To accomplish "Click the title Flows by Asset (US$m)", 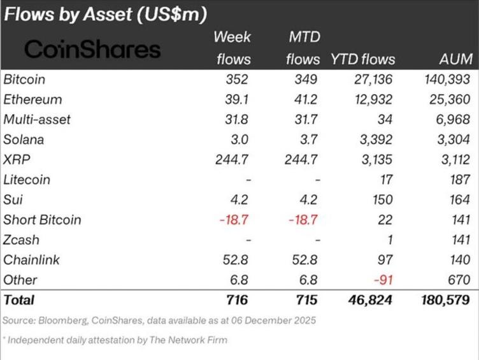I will (106, 13).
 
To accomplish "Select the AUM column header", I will (456, 59).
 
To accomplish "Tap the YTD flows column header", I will (362, 59).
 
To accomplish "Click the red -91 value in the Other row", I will (383, 280).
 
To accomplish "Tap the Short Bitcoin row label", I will (43, 220).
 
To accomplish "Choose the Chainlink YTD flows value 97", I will (386, 260).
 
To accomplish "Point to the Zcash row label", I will (22, 240).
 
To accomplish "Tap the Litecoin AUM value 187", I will (459, 180).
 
